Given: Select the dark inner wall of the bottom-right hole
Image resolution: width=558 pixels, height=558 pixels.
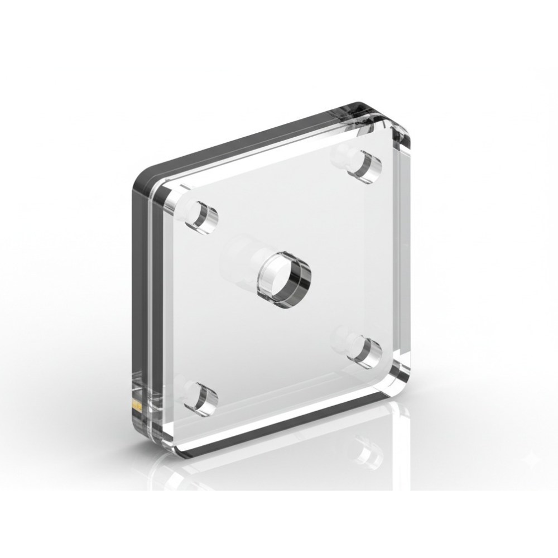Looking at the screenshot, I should tap(373, 350).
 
